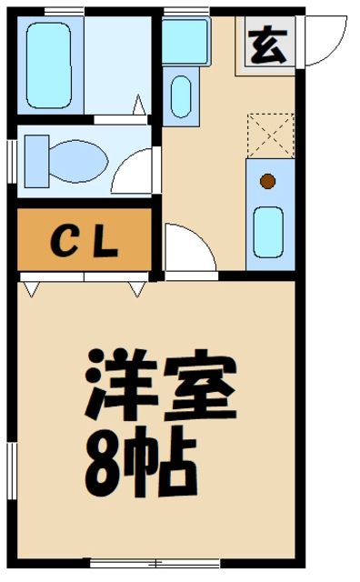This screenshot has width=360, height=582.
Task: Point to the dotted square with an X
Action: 270,135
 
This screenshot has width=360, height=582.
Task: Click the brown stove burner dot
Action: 267,180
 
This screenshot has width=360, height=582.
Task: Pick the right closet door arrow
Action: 136,289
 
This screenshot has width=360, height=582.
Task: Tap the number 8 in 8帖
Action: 104,464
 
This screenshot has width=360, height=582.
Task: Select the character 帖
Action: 164,464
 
